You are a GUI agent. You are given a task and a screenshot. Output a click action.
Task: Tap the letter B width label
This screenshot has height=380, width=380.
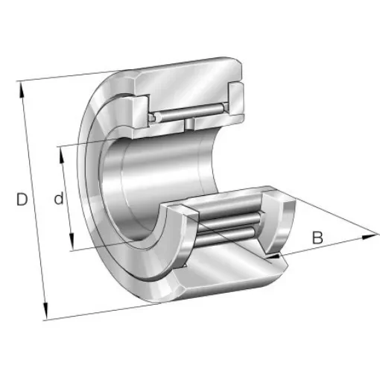click(x=317, y=238)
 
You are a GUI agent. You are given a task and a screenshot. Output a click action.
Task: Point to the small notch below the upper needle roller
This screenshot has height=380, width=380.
click(x=191, y=122)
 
